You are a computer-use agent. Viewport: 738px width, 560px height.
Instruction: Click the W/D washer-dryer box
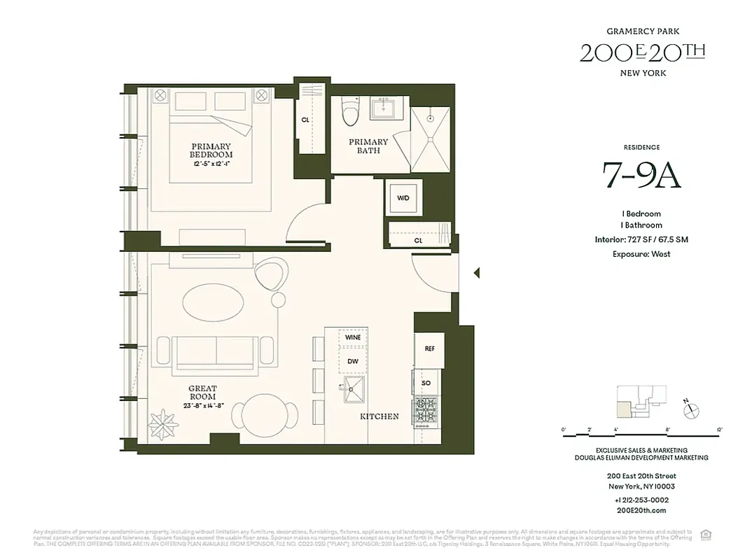click(403, 198)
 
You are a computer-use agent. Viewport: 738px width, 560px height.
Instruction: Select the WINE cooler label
click(353, 338)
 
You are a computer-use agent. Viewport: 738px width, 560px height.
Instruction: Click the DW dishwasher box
click(353, 361)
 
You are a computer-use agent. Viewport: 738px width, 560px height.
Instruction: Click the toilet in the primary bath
click(349, 111)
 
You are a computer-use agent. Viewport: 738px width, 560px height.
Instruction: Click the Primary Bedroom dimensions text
click(211, 163)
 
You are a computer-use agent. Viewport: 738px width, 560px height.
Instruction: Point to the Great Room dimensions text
click(202, 405)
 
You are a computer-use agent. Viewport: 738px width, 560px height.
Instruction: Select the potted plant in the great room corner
click(163, 423)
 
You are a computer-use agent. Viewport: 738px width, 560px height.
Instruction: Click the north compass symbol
click(690, 411)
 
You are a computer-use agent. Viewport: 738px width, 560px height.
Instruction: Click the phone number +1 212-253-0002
click(641, 500)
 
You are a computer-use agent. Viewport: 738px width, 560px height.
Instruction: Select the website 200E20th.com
click(641, 511)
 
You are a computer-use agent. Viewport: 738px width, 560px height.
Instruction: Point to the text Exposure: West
click(641, 254)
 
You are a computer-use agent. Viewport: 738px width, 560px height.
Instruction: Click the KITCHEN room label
click(380, 416)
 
